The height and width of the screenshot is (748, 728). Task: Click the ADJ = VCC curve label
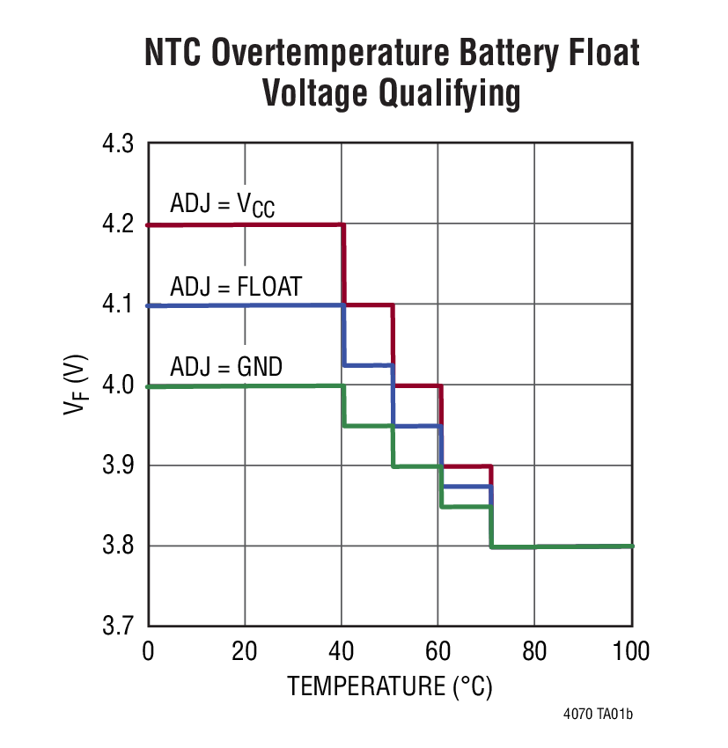coord(222,205)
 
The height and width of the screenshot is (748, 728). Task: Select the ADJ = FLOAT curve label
coord(236,286)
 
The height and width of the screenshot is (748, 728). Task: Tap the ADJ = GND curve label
coord(226,366)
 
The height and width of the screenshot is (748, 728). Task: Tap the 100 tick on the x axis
coord(630,652)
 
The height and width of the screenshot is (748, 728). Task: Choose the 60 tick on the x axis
coord(438,652)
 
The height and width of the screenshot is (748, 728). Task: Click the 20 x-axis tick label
coord(245,652)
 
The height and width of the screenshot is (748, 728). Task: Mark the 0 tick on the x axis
coord(148,652)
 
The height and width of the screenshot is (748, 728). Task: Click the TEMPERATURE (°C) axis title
coord(389,686)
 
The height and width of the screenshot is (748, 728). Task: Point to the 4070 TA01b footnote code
coord(598,714)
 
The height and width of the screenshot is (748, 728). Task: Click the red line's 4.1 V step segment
coord(368,304)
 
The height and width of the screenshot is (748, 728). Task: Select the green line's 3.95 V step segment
coord(368,426)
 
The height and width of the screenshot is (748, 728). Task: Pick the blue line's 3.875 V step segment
coord(467,486)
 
